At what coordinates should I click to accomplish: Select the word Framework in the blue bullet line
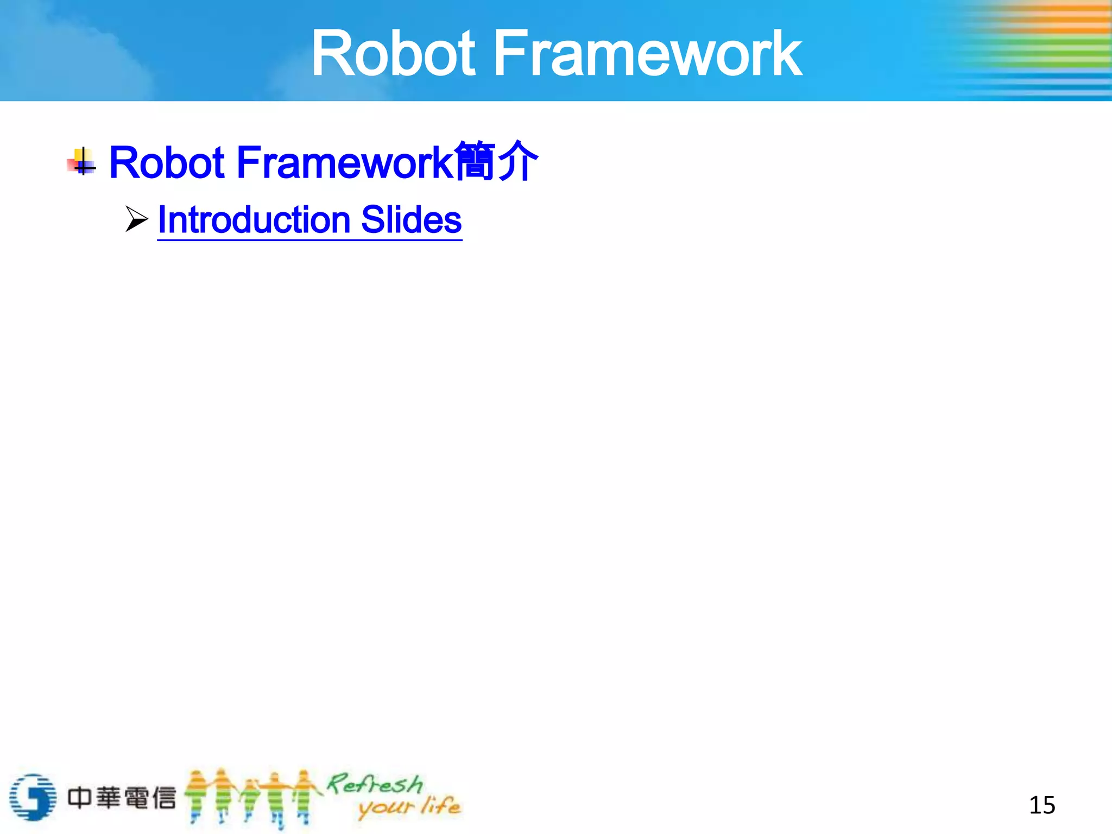pyautogui.click(x=344, y=162)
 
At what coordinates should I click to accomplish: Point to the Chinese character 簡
pyautogui.click(x=475, y=161)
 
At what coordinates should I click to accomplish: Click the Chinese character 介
pyautogui.click(x=517, y=161)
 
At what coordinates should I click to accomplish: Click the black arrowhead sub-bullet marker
pyautogui.click(x=136, y=219)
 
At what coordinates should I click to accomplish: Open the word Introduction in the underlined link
pyautogui.click(x=254, y=220)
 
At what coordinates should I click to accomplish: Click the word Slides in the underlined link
pyautogui.click(x=411, y=220)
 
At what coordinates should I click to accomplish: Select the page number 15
pyautogui.click(x=1042, y=805)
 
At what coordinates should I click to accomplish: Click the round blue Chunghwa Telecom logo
pyautogui.click(x=33, y=797)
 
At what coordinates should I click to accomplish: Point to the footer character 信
pyautogui.click(x=163, y=798)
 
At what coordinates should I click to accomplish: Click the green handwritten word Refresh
pyautogui.click(x=375, y=784)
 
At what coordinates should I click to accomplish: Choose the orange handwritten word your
pyautogui.click(x=386, y=808)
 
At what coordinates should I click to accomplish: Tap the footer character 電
pyautogui.click(x=136, y=798)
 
